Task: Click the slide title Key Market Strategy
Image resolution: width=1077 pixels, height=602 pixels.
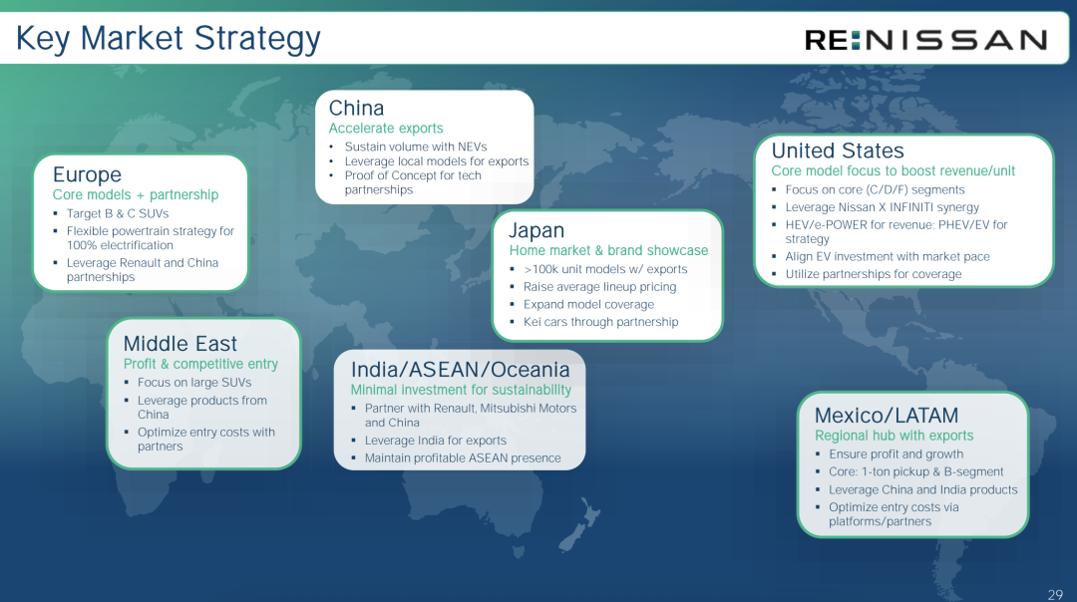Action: (x=169, y=39)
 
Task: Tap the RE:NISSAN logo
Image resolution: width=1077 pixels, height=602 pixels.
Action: (x=925, y=40)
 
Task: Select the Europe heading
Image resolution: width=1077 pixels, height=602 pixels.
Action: (x=87, y=174)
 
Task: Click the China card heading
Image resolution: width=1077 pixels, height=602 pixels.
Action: (x=356, y=108)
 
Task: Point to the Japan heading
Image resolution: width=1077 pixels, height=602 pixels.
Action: (x=537, y=230)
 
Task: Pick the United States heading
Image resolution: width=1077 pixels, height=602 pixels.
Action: (x=838, y=150)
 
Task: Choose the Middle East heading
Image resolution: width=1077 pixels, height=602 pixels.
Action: (x=179, y=343)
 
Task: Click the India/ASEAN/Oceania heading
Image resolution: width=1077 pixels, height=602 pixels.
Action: (x=460, y=370)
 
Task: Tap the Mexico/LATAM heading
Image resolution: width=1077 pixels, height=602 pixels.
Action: (x=887, y=416)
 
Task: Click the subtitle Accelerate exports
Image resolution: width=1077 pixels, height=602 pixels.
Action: (x=386, y=129)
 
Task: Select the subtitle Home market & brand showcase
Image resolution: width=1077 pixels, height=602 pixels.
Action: (x=608, y=250)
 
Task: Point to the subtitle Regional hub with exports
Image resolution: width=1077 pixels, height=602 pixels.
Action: (x=895, y=436)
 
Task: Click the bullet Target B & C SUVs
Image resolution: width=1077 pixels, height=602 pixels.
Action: (x=118, y=213)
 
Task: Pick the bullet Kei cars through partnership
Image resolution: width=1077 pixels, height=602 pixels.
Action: (x=601, y=322)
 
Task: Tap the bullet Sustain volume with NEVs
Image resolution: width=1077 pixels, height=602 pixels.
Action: (x=416, y=147)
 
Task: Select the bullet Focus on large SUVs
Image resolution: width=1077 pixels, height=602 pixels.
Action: (x=194, y=383)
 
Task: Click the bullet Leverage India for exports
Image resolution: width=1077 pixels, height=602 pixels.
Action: (x=436, y=441)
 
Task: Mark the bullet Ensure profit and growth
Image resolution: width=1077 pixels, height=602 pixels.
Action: (x=897, y=454)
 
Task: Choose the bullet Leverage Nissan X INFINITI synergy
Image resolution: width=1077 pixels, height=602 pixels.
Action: (x=883, y=207)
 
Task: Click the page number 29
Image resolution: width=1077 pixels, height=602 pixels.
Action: (x=1056, y=594)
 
